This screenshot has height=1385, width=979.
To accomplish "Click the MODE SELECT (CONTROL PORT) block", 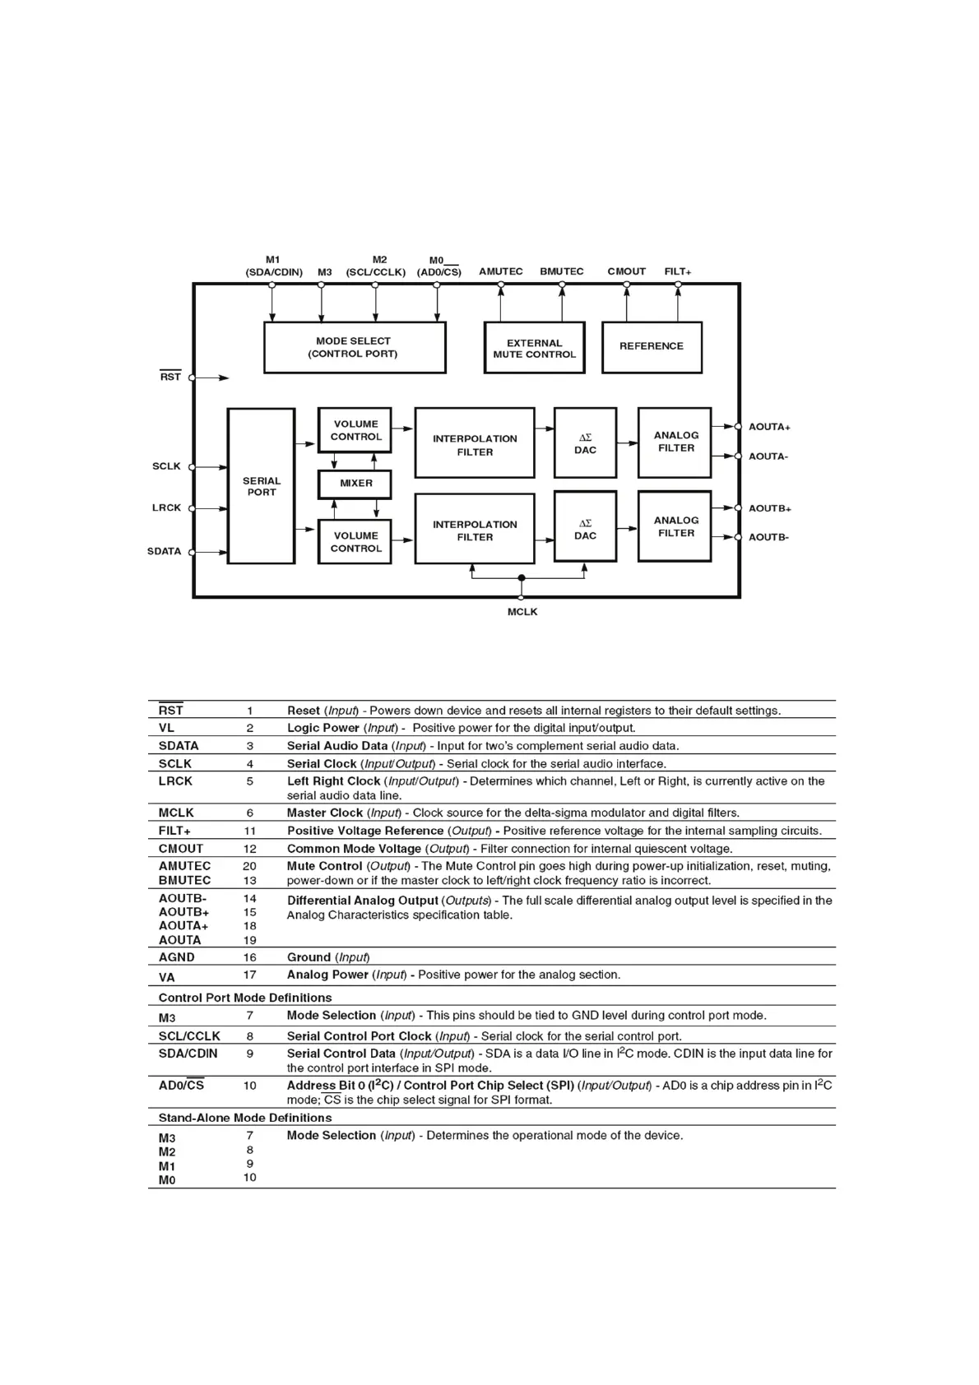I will click(354, 347).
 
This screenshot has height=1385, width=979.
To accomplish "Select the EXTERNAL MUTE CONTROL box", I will click(534, 349).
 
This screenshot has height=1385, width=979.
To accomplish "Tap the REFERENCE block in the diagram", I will click(652, 346).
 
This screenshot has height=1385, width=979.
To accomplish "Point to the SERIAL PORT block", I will click(261, 486).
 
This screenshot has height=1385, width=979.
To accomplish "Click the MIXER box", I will click(355, 484).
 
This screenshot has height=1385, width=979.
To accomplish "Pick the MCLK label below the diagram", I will click(522, 612).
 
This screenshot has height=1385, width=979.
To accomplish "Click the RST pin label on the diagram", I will click(170, 377).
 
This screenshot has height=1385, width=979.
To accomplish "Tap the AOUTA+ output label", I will click(769, 427).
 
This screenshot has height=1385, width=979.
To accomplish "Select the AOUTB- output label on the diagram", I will click(768, 537).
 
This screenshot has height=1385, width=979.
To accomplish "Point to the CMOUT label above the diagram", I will click(626, 271).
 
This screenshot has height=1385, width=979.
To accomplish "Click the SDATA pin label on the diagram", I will click(165, 551).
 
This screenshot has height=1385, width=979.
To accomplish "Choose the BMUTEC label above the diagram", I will click(561, 271).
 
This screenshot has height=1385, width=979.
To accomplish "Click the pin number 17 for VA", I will click(250, 975).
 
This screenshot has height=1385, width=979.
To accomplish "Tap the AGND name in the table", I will click(177, 957).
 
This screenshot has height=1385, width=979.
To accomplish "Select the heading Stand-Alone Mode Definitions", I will click(245, 1118).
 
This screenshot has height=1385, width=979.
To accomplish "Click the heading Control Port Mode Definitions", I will click(245, 998).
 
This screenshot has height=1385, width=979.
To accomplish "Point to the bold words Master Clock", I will click(325, 813).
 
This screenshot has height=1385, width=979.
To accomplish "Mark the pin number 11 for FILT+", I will click(250, 831).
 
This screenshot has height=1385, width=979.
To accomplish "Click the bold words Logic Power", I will click(323, 728).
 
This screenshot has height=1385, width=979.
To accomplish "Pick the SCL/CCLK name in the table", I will click(189, 1036).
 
